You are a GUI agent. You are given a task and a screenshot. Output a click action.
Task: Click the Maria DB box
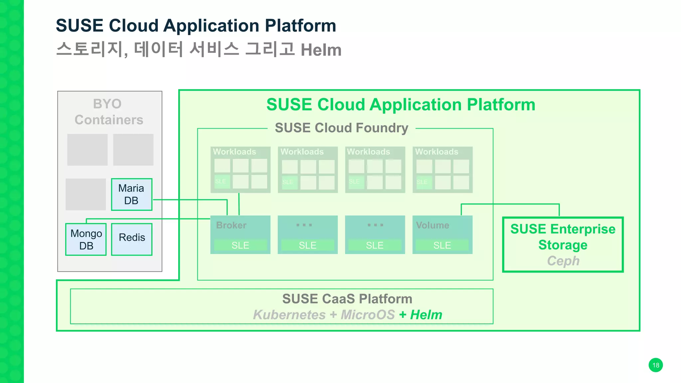coord(132,194)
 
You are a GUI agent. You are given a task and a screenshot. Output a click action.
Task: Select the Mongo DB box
coord(86,239)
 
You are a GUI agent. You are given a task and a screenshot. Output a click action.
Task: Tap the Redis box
coord(132,239)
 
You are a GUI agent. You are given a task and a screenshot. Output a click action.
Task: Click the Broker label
coord(231,225)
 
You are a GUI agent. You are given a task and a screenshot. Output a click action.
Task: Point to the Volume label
coord(432,225)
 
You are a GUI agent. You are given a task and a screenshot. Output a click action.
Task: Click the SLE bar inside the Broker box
coord(240,245)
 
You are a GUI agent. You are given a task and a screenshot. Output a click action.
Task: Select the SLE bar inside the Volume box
coord(442,245)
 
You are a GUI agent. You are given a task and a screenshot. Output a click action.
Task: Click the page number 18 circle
coord(655,365)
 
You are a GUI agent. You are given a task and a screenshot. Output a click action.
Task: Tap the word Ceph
coord(563,261)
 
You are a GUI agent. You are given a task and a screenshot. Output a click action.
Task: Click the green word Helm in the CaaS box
coord(426,315)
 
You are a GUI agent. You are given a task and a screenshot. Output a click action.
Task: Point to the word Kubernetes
coord(289,315)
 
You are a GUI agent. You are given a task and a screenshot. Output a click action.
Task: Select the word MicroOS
coord(368,315)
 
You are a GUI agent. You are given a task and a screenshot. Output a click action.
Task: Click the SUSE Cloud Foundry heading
coord(341,128)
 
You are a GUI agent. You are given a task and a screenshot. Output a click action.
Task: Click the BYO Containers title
coord(109,112)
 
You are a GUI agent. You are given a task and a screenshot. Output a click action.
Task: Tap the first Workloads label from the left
coord(234,152)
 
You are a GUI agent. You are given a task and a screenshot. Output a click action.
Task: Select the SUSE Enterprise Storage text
coord(563,237)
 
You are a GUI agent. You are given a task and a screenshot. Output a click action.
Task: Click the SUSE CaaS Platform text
coord(347,299)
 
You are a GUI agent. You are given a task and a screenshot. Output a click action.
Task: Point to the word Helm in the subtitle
coord(321,50)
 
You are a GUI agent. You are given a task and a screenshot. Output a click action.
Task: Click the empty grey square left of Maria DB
coord(86,194)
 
